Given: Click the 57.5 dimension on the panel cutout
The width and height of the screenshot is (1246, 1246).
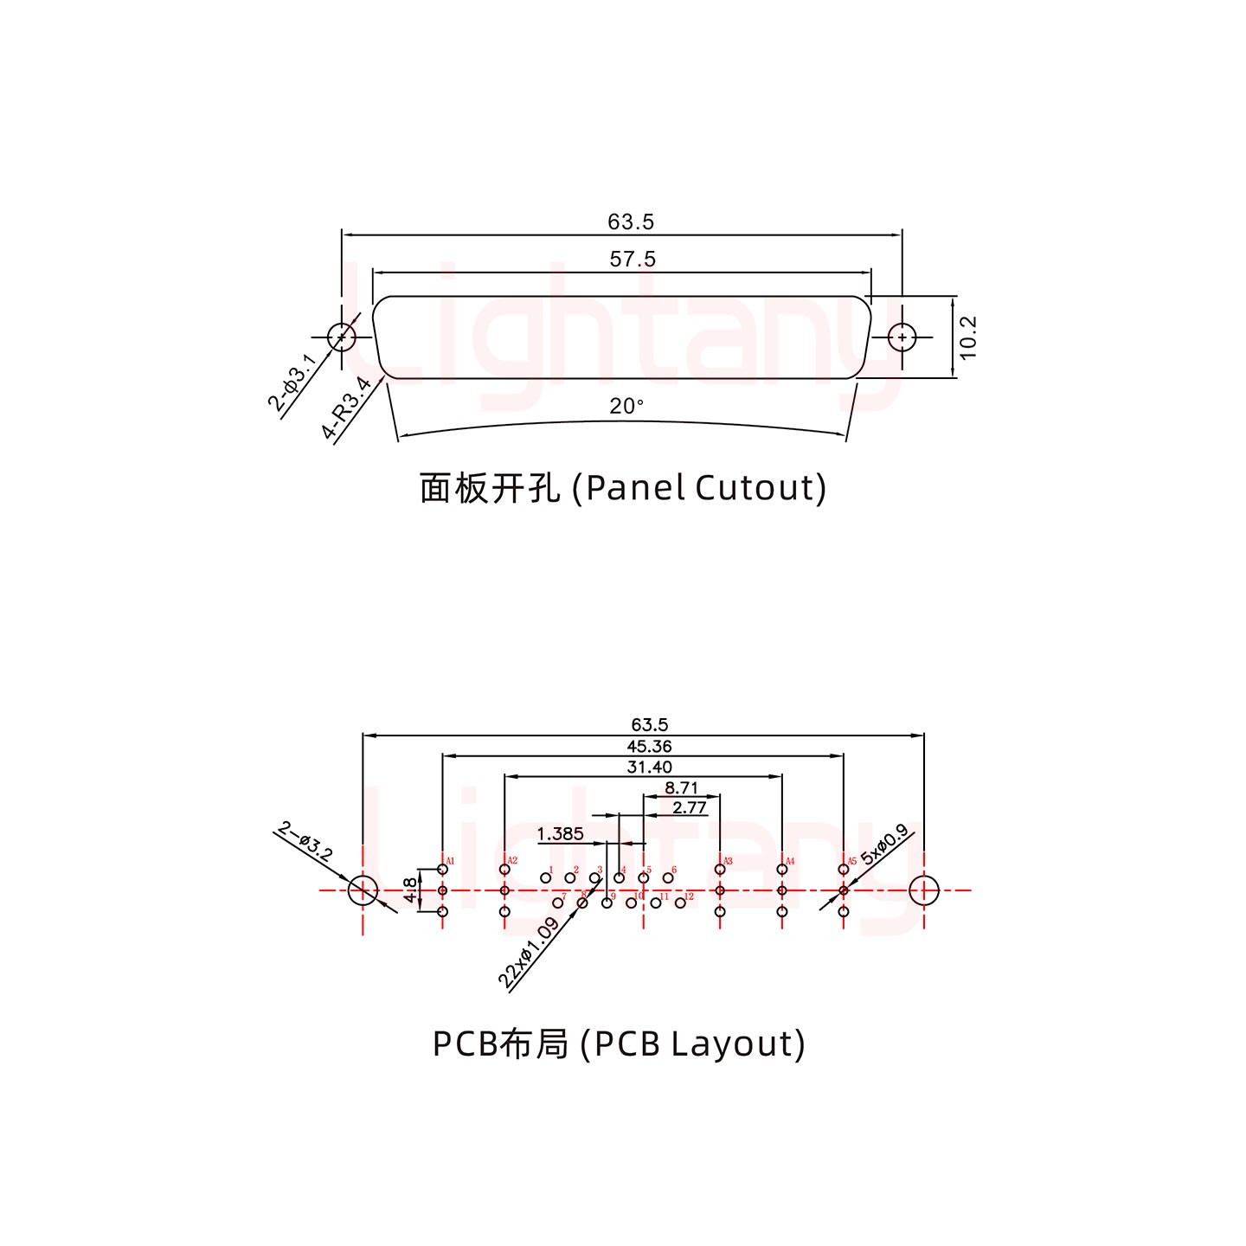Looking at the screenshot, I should click(x=633, y=259).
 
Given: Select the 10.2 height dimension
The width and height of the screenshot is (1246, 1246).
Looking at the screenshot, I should click(x=968, y=337).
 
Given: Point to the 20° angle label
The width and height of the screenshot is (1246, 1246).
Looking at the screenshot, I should click(x=626, y=405).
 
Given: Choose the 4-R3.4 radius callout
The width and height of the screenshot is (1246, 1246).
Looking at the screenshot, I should click(x=346, y=408).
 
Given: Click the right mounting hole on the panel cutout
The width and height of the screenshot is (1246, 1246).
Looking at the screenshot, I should click(x=902, y=337).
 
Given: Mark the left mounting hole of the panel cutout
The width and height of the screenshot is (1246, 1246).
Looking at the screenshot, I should click(x=342, y=337).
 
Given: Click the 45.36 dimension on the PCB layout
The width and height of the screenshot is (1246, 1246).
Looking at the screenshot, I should click(x=649, y=746).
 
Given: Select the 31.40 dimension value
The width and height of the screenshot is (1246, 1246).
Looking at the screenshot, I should click(x=649, y=767).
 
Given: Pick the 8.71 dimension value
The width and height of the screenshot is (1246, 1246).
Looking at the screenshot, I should click(x=681, y=787).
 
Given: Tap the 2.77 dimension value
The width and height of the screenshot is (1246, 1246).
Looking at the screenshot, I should click(x=689, y=808).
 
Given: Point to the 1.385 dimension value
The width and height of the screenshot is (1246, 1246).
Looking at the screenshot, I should click(x=560, y=833).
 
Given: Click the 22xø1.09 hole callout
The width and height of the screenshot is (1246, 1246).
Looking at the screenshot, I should click(x=528, y=953).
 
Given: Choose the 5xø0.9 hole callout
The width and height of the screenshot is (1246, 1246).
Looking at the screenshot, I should click(x=884, y=845).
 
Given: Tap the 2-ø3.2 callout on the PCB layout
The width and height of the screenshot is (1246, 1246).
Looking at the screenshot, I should click(x=305, y=841).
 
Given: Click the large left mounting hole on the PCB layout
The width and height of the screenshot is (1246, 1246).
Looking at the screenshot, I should click(x=363, y=890).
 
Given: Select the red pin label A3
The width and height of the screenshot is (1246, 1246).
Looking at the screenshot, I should click(x=728, y=862).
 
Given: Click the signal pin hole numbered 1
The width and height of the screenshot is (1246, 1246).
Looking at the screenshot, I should click(x=545, y=878).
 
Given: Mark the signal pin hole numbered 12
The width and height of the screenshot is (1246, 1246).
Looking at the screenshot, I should click(x=680, y=902).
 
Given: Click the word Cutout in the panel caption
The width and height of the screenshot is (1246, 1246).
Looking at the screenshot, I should click(x=760, y=488).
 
